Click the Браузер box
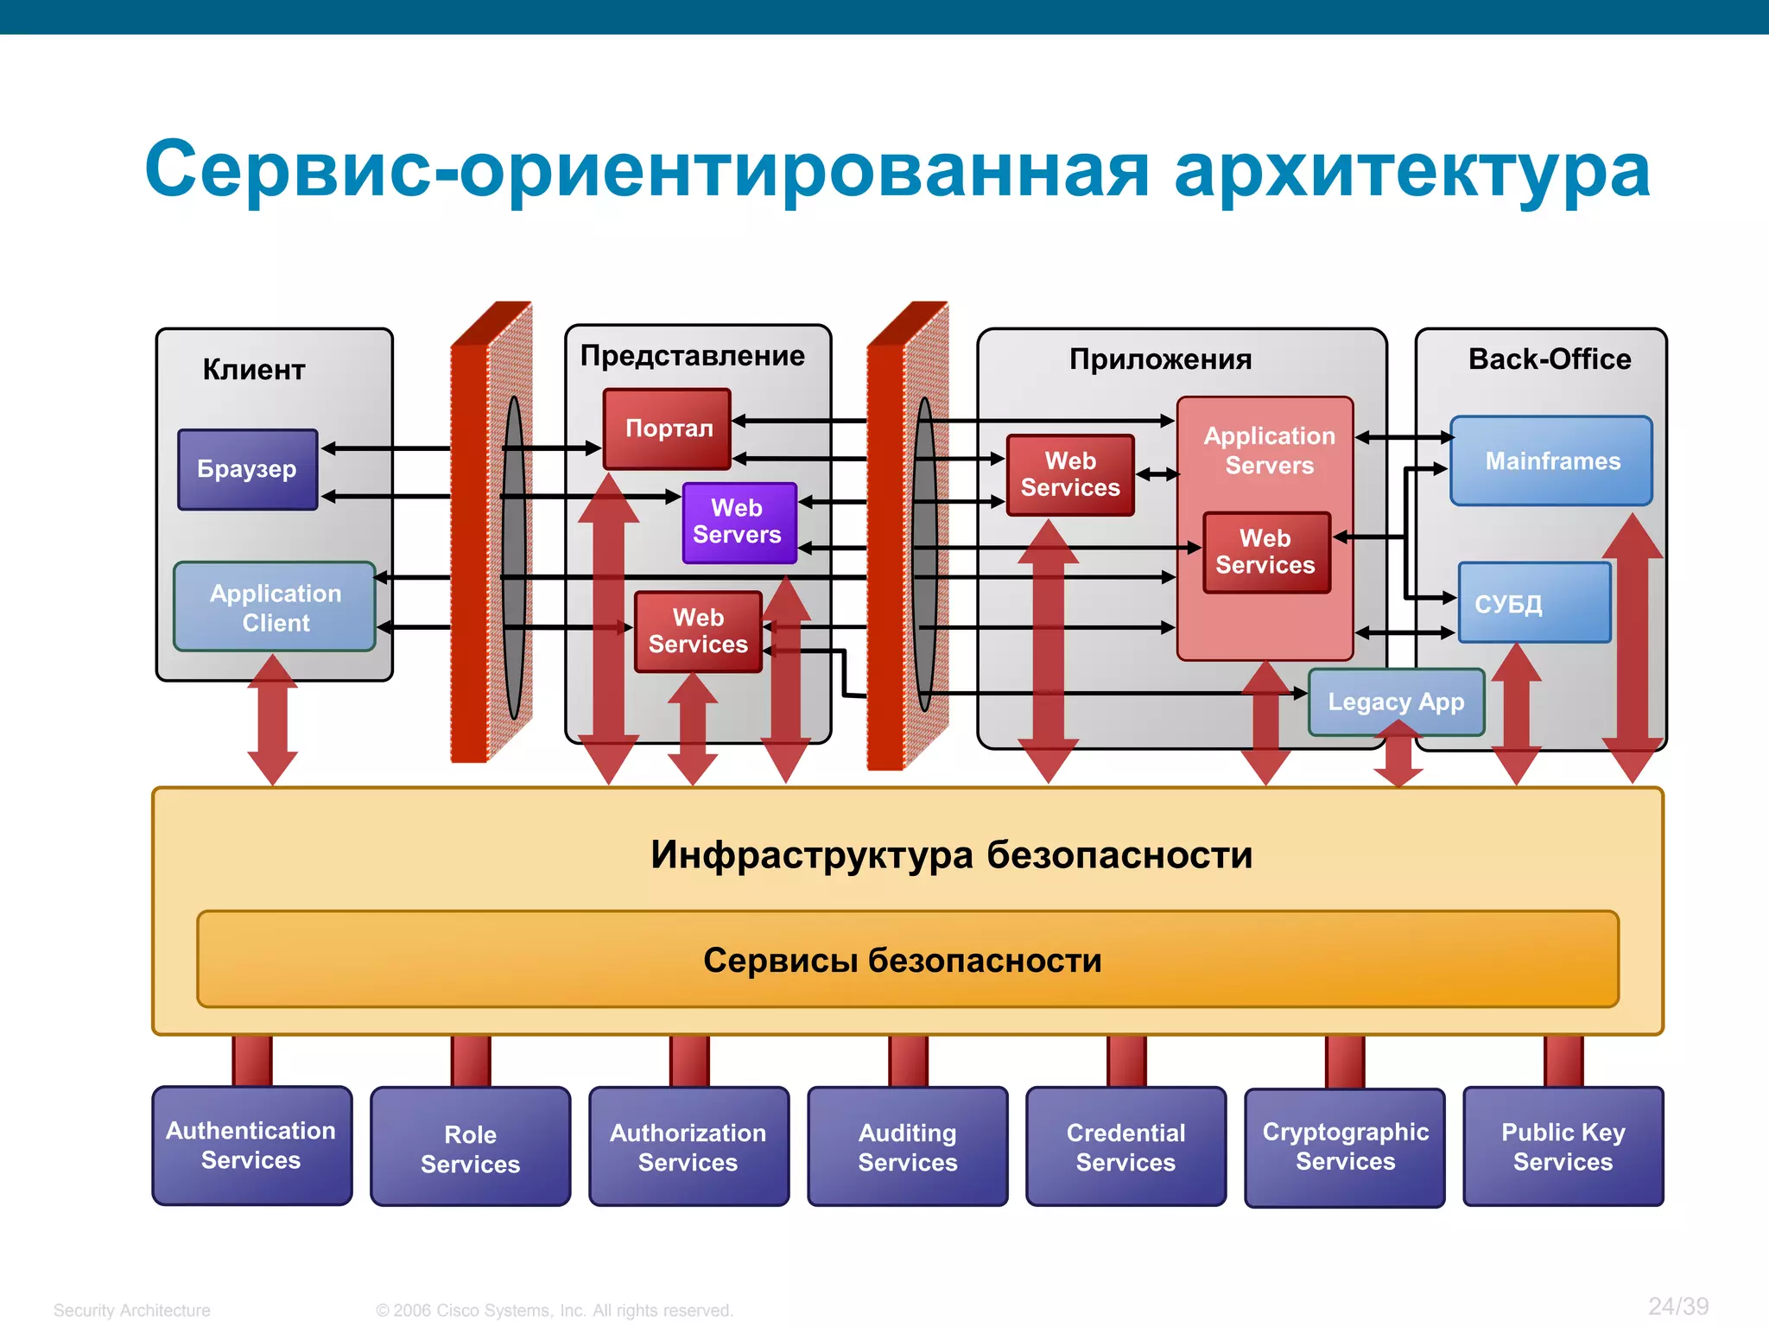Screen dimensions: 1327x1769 [248, 469]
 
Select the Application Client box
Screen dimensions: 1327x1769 [275, 606]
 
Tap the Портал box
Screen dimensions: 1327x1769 [667, 429]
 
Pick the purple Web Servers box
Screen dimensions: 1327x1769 [739, 522]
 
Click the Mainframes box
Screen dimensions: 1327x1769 [1551, 461]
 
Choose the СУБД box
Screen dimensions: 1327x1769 [1534, 603]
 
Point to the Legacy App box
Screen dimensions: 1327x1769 [1396, 702]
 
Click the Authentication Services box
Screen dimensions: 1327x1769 [251, 1146]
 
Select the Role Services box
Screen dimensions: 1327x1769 [470, 1147]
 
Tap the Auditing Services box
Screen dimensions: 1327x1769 [907, 1147]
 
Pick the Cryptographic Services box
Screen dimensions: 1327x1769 [1345, 1147]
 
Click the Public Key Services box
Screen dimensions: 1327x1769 [1563, 1147]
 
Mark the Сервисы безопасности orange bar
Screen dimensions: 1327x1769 [907, 960]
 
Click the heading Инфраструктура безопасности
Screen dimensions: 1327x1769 [950, 854]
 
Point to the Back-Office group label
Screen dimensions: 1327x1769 [1549, 359]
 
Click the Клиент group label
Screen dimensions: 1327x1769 [254, 370]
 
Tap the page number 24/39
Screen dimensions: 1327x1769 [1677, 1305]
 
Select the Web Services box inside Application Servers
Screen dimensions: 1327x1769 [1265, 552]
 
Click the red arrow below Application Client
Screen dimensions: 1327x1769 [273, 720]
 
